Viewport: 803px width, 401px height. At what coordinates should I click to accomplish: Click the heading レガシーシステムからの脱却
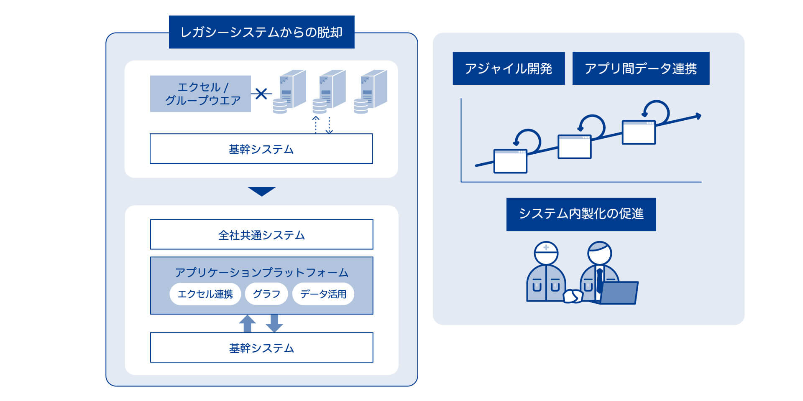coord(261,32)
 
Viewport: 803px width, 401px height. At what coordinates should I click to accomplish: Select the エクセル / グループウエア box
coord(200,94)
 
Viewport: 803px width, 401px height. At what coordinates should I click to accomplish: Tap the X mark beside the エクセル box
coord(261,94)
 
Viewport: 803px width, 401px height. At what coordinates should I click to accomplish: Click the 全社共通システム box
coord(261,235)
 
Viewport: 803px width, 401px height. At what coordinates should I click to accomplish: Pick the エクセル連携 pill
coord(205,294)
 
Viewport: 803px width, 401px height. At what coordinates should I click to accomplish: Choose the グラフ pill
coord(266,294)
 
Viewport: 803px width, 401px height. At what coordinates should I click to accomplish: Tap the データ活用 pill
coord(323,294)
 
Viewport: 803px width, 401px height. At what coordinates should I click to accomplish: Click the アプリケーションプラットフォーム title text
coord(261,272)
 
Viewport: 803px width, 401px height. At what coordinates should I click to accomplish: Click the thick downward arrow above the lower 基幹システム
coord(274,323)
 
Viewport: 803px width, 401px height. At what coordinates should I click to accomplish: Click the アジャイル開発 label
coord(509,69)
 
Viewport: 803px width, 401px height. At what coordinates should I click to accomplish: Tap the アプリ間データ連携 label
coord(641,69)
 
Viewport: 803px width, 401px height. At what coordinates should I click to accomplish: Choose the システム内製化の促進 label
coord(581,214)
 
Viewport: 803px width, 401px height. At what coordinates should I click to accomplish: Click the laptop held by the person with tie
coord(619,293)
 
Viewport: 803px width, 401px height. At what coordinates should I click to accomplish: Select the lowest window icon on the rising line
coord(510,161)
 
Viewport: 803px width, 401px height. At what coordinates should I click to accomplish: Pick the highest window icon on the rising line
coord(639,132)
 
